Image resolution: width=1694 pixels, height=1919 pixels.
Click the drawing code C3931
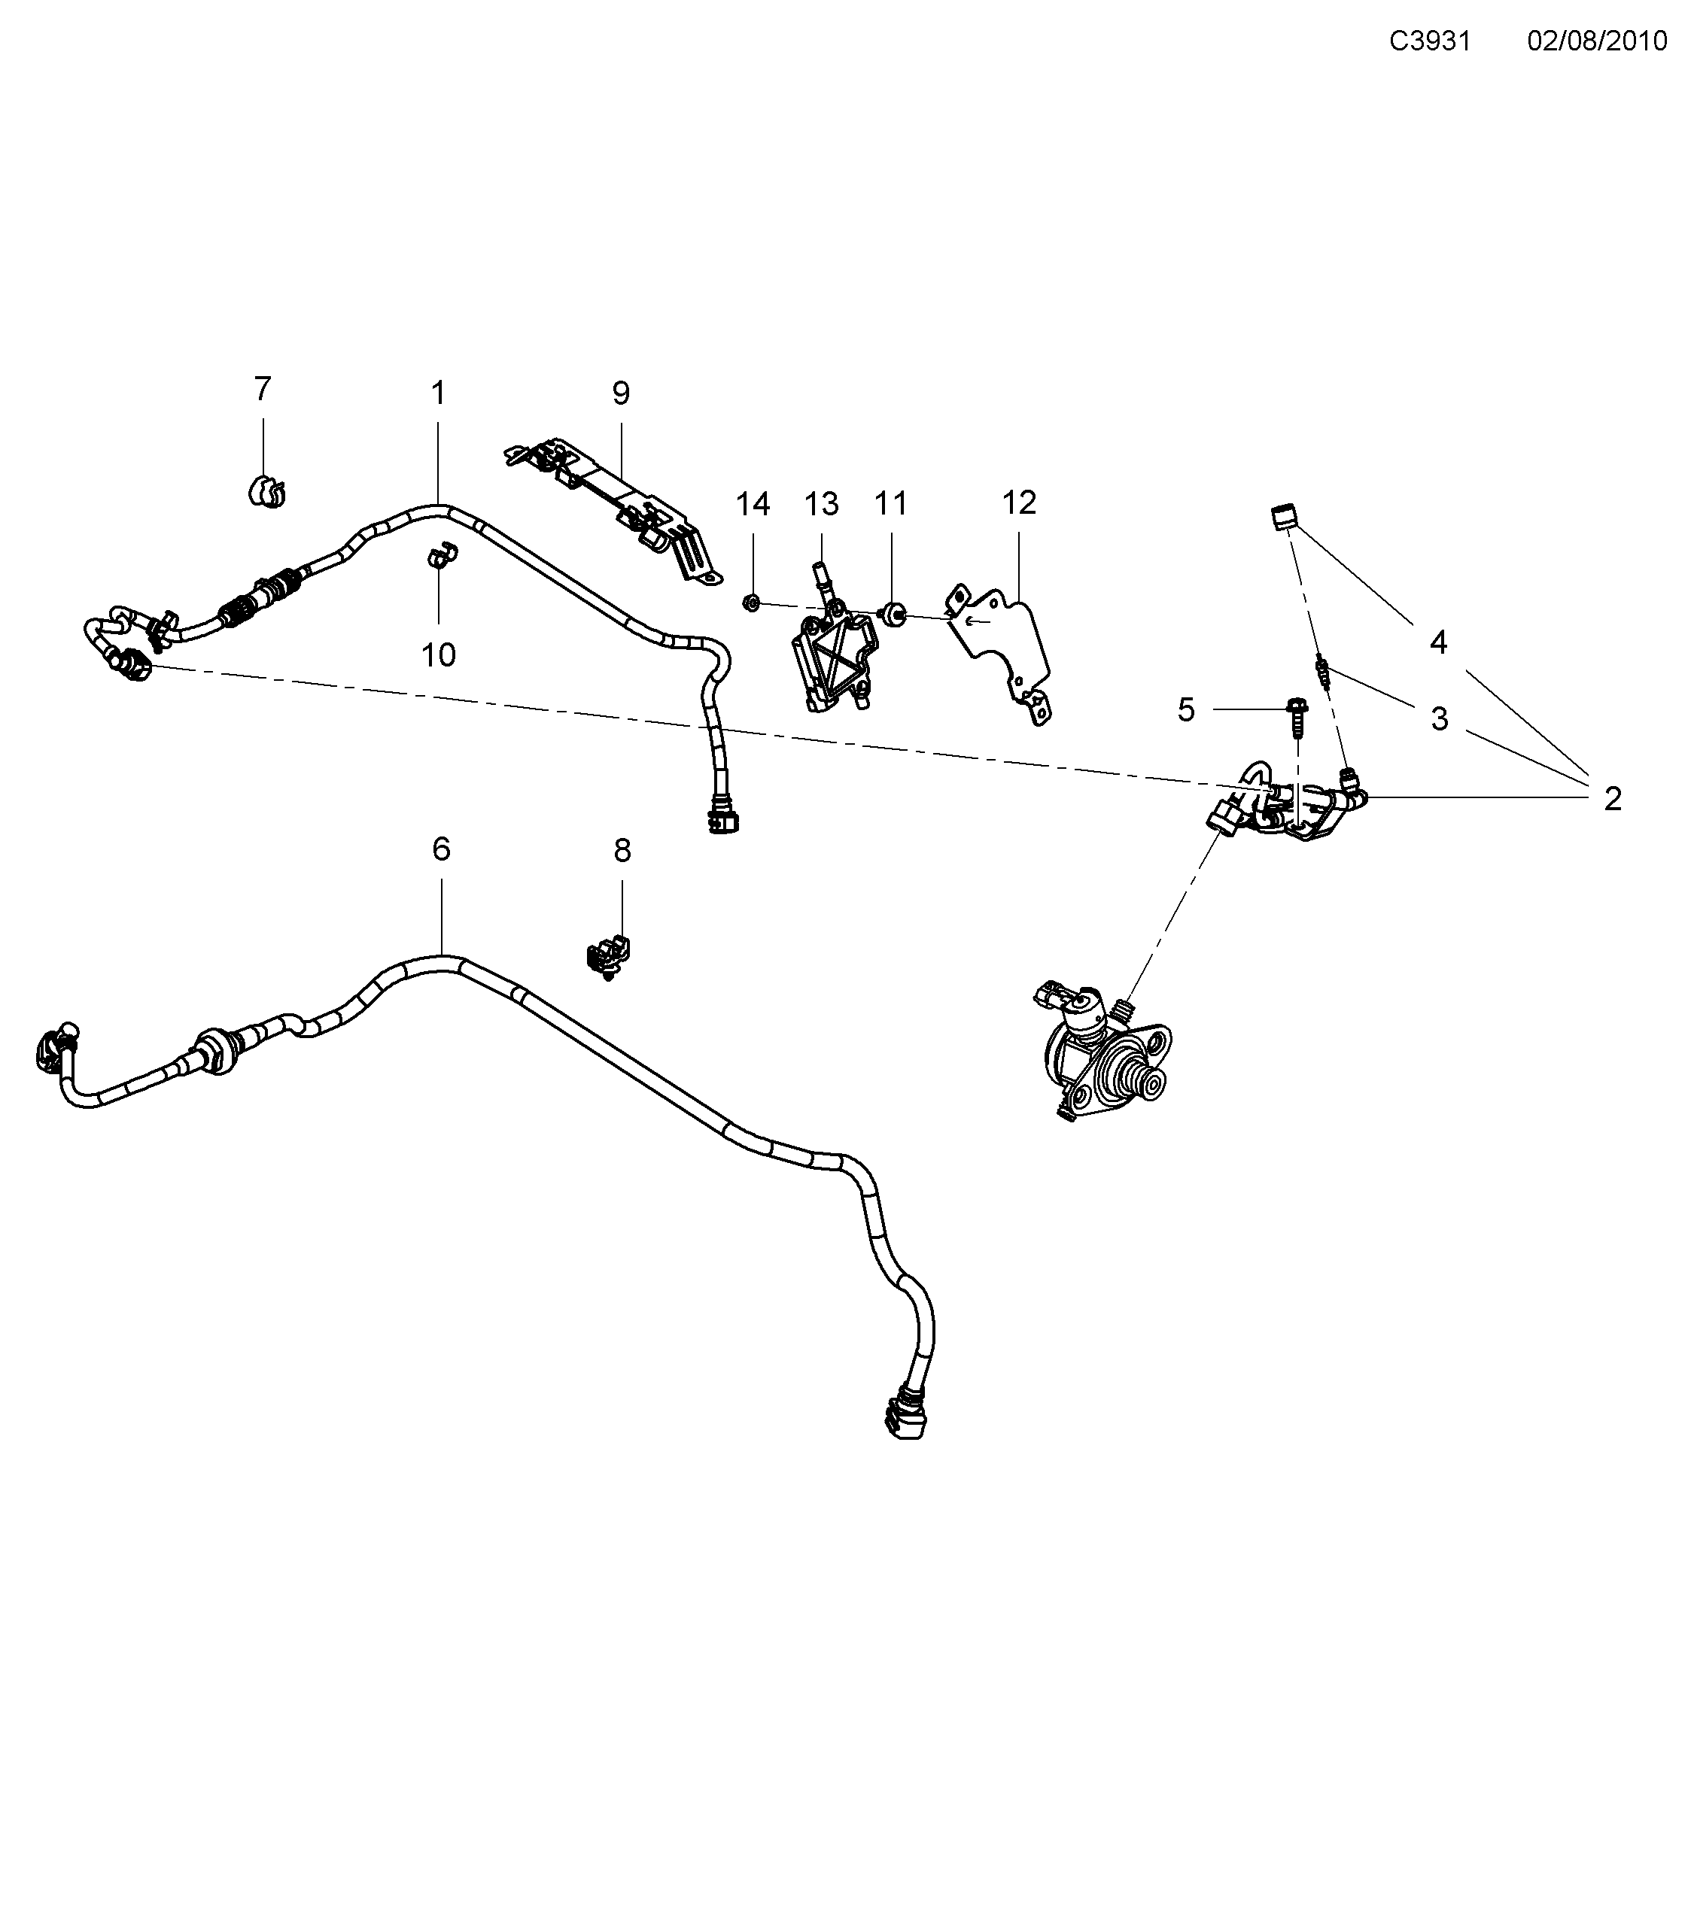pyautogui.click(x=1429, y=41)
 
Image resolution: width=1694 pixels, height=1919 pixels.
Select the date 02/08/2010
pyautogui.click(x=1596, y=41)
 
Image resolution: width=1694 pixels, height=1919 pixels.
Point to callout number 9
pyautogui.click(x=621, y=393)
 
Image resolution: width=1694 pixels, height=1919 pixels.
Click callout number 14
pyautogui.click(x=752, y=504)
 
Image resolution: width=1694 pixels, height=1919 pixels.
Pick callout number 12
pyautogui.click(x=1019, y=503)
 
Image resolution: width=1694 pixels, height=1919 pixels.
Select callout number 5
pyautogui.click(x=1186, y=710)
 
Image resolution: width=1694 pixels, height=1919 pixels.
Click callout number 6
pyautogui.click(x=441, y=849)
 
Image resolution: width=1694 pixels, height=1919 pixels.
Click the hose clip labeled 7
pyautogui.click(x=266, y=491)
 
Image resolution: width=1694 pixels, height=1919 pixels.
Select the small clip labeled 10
pyautogui.click(x=439, y=557)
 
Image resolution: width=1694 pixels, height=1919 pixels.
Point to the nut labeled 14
pyautogui.click(x=751, y=602)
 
